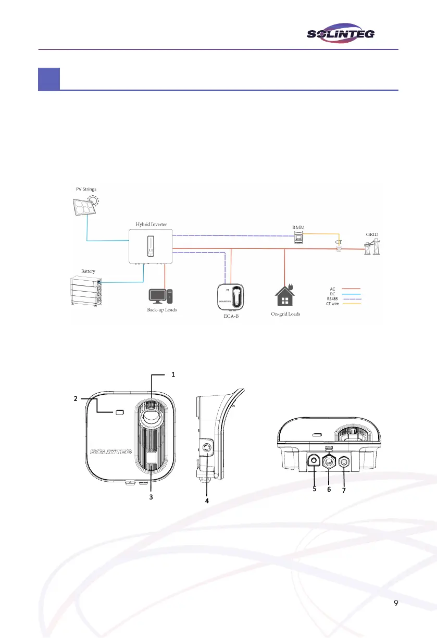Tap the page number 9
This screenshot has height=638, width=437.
[x=396, y=603]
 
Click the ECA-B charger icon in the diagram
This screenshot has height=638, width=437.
[x=231, y=296]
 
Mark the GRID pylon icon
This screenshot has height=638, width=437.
[x=373, y=247]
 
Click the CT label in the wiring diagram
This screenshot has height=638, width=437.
[x=339, y=242]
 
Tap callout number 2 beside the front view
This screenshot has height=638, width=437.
[x=75, y=398]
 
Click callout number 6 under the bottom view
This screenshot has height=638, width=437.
[x=329, y=490]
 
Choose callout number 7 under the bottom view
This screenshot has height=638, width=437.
[x=345, y=490]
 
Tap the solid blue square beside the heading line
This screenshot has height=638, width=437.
[x=48, y=79]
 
